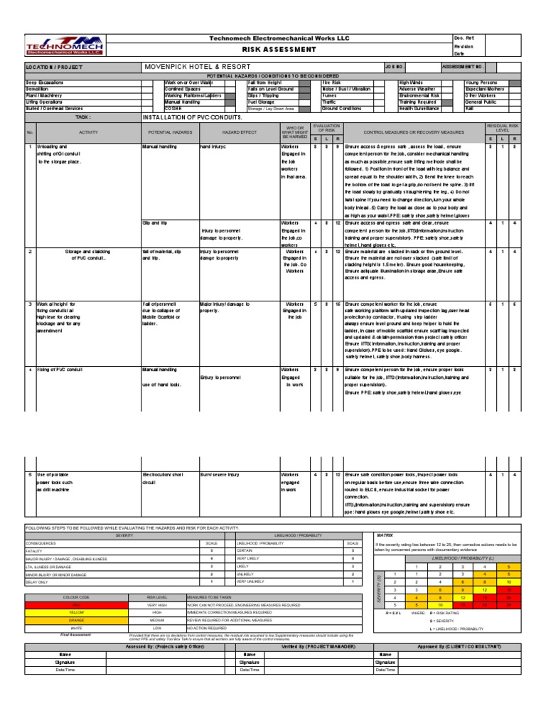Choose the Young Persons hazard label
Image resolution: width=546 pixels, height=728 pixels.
click(481, 82)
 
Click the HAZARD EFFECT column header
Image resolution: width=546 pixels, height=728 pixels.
click(239, 133)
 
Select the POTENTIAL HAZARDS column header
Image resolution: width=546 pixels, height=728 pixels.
click(169, 133)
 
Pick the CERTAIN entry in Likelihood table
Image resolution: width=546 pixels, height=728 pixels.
click(245, 550)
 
